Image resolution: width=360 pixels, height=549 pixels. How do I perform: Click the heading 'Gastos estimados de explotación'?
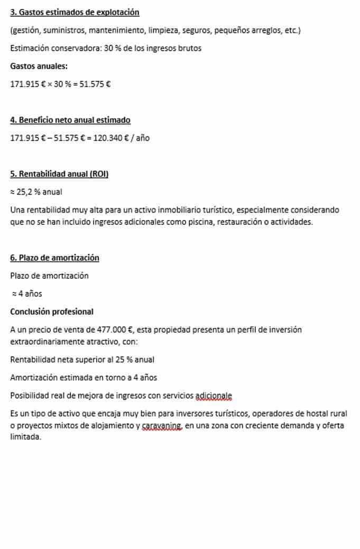(x=79, y=12)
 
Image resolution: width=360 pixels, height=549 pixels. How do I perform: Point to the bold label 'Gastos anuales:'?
(x=39, y=66)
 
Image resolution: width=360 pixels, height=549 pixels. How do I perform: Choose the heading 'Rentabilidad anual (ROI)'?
(x=63, y=174)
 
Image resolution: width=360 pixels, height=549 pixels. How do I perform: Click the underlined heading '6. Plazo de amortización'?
(x=54, y=258)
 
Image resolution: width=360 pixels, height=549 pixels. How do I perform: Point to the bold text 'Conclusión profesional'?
(x=52, y=312)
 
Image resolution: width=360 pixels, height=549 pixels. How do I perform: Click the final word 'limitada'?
(x=25, y=437)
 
